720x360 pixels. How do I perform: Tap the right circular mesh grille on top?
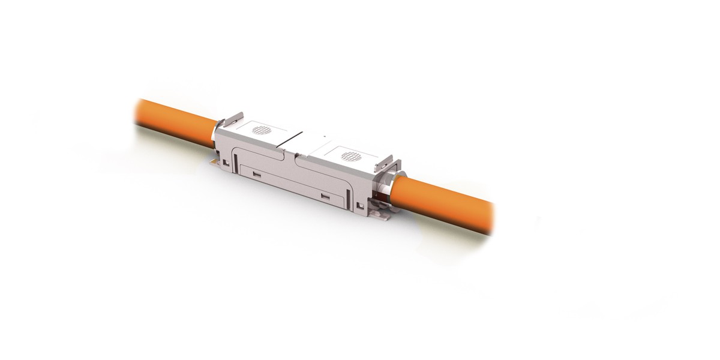(x=351, y=157)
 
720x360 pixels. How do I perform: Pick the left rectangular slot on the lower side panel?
(x=256, y=175)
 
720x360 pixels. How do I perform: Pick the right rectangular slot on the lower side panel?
(x=325, y=197)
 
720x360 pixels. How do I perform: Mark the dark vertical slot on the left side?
(x=233, y=158)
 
